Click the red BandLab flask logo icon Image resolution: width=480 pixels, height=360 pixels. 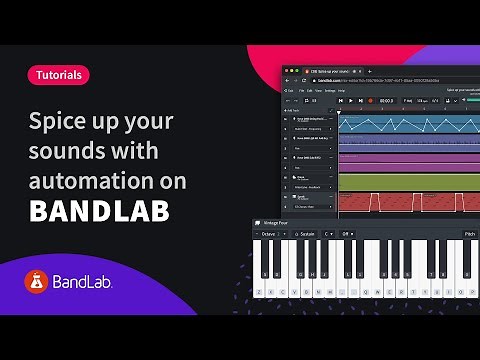[38, 283]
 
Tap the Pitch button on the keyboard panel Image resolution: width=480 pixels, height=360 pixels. [469, 234]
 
